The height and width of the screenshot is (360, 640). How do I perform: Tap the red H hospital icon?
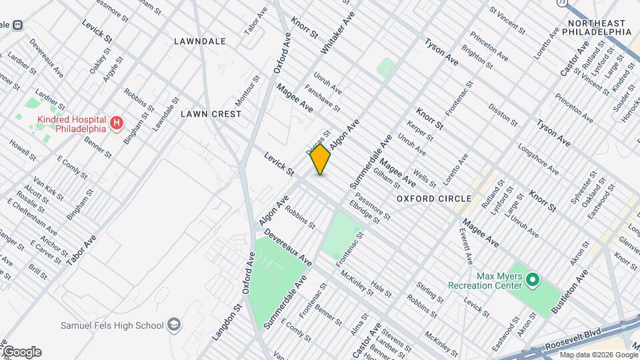(x=117, y=123)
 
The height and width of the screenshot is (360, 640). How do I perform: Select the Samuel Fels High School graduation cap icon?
(x=174, y=325)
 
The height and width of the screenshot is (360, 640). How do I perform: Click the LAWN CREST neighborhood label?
(x=211, y=114)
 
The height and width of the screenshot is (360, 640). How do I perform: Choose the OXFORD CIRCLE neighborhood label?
(x=434, y=199)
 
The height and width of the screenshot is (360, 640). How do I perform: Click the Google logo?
(x=21, y=351)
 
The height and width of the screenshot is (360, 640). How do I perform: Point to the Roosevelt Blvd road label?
(x=571, y=338)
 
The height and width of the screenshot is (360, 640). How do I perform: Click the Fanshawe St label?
(x=323, y=98)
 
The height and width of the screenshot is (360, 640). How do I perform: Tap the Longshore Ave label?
(x=537, y=161)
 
